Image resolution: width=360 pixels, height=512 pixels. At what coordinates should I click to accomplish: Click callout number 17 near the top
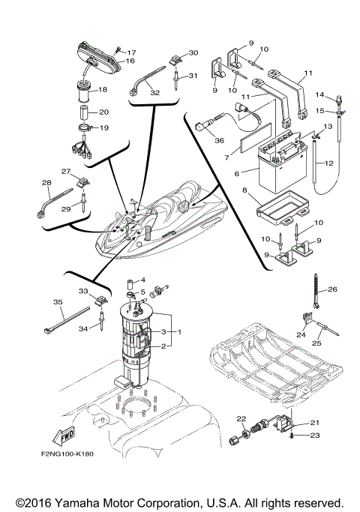click(x=131, y=52)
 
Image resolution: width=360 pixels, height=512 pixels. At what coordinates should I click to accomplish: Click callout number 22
click(x=241, y=418)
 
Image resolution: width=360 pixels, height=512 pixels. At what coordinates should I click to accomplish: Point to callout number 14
click(x=339, y=96)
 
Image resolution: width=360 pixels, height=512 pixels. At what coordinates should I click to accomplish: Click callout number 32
click(x=155, y=93)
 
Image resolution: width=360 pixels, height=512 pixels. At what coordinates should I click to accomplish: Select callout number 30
click(x=193, y=53)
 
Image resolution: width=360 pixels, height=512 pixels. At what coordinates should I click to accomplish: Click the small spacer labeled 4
click(x=128, y=283)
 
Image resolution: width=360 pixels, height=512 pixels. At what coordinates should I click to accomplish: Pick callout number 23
click(x=316, y=436)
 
